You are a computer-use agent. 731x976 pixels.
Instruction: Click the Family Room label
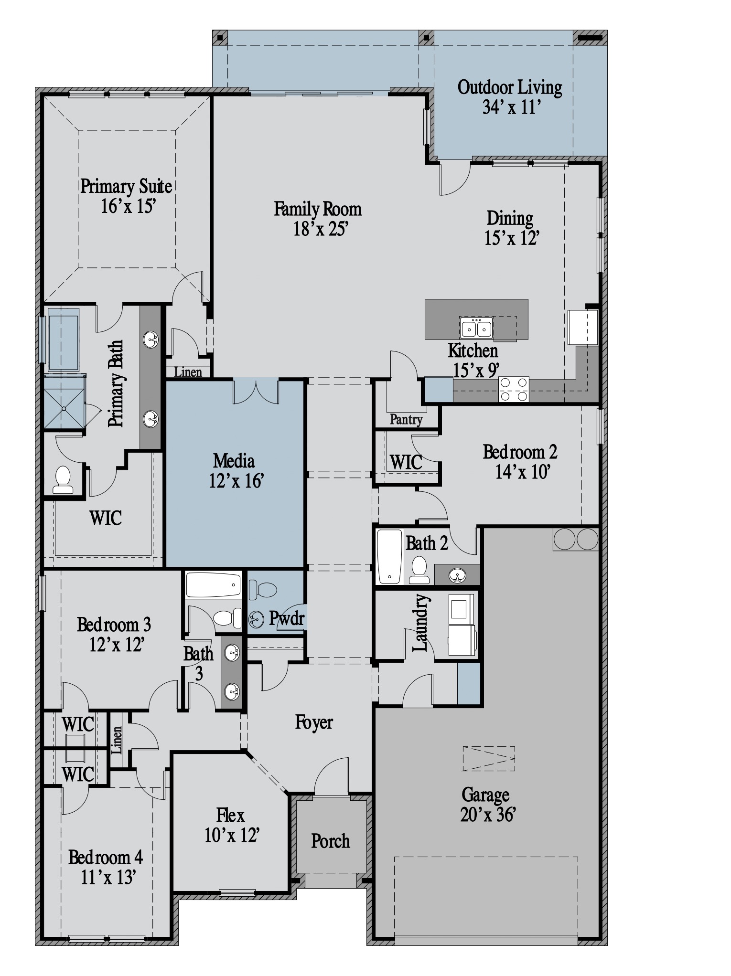pyautogui.click(x=317, y=209)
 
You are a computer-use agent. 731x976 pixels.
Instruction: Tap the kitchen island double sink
pyautogui.click(x=476, y=328)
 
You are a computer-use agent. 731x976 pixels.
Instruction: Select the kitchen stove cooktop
pyautogui.click(x=514, y=389)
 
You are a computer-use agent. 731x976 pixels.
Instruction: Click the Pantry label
pyautogui.click(x=406, y=419)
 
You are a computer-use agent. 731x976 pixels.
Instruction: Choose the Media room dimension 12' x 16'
pyautogui.click(x=236, y=481)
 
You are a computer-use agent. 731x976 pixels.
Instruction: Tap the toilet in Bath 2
pyautogui.click(x=419, y=570)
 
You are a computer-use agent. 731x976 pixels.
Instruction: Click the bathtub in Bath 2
pyautogui.click(x=390, y=556)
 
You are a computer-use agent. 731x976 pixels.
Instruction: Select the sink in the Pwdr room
pyautogui.click(x=256, y=620)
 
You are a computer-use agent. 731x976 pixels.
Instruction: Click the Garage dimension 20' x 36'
pyautogui.click(x=488, y=815)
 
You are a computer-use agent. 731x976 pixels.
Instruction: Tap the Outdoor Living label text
pyautogui.click(x=509, y=87)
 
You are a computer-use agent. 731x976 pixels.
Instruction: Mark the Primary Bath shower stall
pyautogui.click(x=64, y=402)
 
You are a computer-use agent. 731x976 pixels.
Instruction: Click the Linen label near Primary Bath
pyautogui.click(x=188, y=372)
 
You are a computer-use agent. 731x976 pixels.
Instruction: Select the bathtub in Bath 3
pyautogui.click(x=213, y=585)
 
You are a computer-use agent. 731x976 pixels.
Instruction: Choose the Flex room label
pyautogui.click(x=230, y=815)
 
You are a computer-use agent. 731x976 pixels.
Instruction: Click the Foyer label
pyautogui.click(x=313, y=722)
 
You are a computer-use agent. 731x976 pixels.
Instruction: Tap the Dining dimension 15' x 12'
pyautogui.click(x=512, y=238)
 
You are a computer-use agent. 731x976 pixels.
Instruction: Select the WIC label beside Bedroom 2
pyautogui.click(x=406, y=462)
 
